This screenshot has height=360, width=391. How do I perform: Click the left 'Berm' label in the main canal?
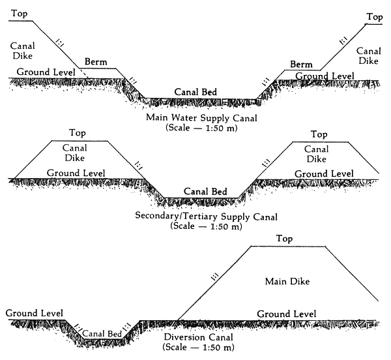(x=94, y=62)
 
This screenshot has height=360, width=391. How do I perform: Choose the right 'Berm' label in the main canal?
(x=300, y=64)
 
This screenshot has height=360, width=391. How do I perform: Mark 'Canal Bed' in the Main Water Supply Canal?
(x=196, y=92)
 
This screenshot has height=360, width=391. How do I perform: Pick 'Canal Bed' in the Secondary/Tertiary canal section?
(x=205, y=192)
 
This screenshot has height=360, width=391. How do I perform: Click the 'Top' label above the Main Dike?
(x=285, y=239)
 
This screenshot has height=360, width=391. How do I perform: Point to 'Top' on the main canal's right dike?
(x=374, y=17)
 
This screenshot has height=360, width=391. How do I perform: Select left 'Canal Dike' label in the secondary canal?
(x=75, y=153)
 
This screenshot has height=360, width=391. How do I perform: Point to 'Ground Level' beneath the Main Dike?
(x=287, y=314)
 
